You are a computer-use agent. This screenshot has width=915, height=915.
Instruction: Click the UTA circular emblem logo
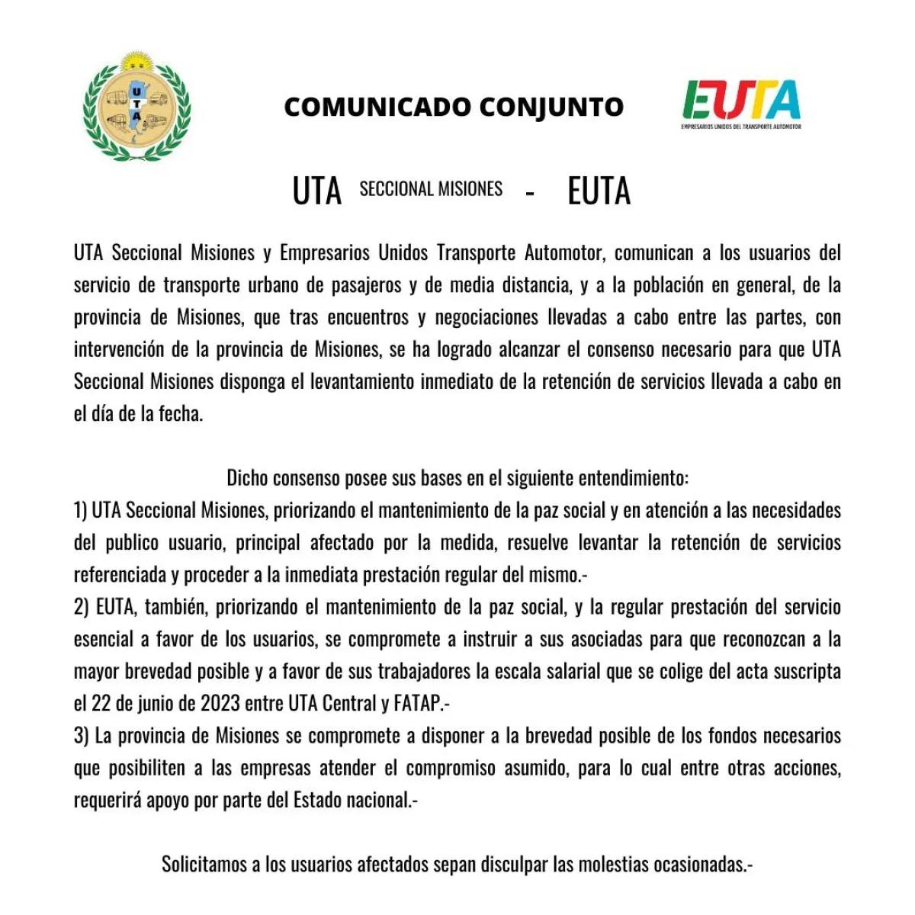(x=137, y=106)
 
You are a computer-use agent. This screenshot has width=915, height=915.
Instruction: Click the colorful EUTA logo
(x=741, y=104)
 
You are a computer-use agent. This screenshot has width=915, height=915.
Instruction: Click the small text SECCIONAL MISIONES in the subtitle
(x=431, y=189)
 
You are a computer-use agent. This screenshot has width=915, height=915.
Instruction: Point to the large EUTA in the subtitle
(x=599, y=191)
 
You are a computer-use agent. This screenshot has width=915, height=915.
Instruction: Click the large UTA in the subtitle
(x=316, y=191)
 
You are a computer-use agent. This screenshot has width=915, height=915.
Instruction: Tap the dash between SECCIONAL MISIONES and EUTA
(x=530, y=193)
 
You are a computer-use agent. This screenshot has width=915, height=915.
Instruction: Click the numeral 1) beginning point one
(x=81, y=510)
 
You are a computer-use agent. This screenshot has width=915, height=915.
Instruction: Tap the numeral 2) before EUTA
(x=82, y=607)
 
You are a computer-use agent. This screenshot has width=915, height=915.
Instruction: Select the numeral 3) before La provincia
(x=82, y=736)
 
